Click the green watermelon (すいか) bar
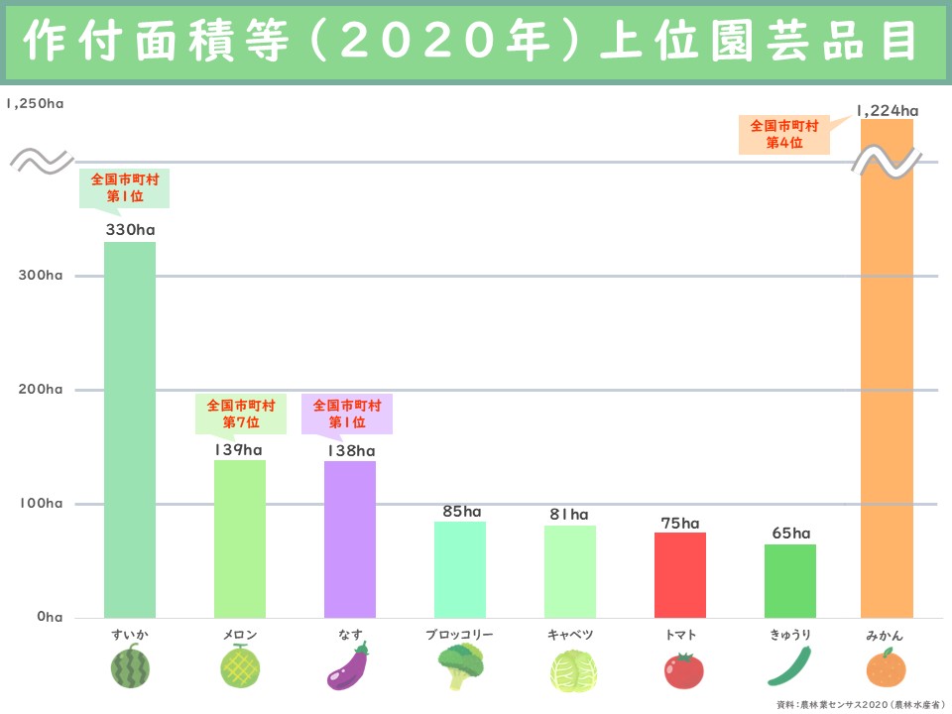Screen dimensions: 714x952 pyautogui.click(x=130, y=429)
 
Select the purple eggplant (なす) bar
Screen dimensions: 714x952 pyautogui.click(x=350, y=538)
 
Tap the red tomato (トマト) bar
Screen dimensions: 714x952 pyautogui.click(x=680, y=575)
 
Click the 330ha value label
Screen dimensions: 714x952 pyautogui.click(x=130, y=230)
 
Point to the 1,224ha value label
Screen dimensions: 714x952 pyautogui.click(x=888, y=110)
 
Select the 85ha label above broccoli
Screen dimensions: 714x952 pyautogui.click(x=460, y=512)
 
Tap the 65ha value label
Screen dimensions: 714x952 pyautogui.click(x=790, y=534)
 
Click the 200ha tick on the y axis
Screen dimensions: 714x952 pyautogui.click(x=41, y=389)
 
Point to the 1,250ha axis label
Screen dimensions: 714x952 pyautogui.click(x=34, y=103)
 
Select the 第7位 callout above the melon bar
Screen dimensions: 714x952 pyautogui.click(x=239, y=414)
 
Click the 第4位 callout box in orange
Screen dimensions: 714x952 pyautogui.click(x=783, y=134)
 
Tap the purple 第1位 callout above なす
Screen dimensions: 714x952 pyautogui.click(x=346, y=414)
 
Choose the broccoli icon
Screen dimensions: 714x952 pyautogui.click(x=460, y=666)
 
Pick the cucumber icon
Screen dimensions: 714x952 pyautogui.click(x=790, y=666)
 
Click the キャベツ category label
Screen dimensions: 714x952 pyautogui.click(x=570, y=634)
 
